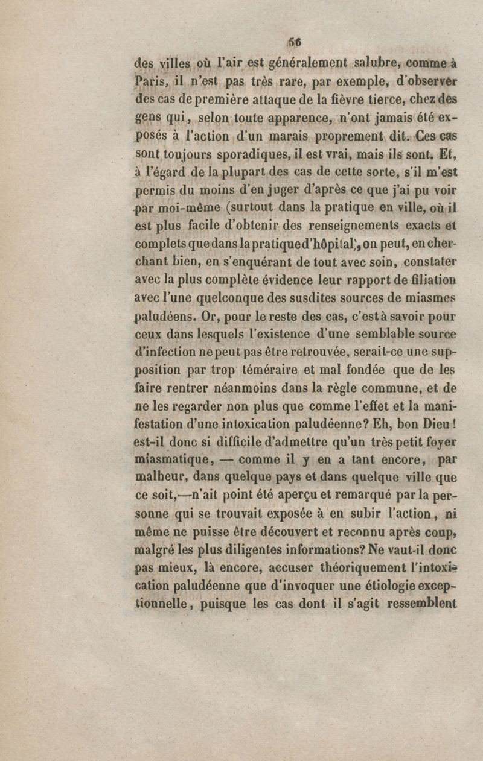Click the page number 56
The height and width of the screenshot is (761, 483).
(x=295, y=43)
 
